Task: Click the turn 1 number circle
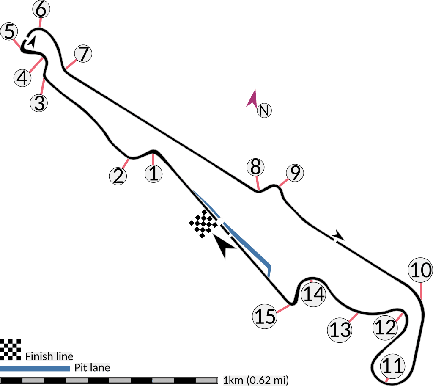pos(154,174)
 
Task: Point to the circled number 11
pos(392,365)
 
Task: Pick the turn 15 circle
pos(265,316)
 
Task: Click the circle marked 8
pos(255,167)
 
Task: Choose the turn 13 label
pos(340,329)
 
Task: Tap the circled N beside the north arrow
pos(264,111)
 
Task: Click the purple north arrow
pos(252,98)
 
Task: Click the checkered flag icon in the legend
pos(10,350)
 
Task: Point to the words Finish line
pos(49,356)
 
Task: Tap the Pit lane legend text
pos(92,367)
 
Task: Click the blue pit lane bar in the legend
pos(35,369)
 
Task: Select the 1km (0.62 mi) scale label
pos(256,380)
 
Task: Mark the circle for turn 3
pos(39,103)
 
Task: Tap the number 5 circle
pos(9,32)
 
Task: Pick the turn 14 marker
pos(314,294)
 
